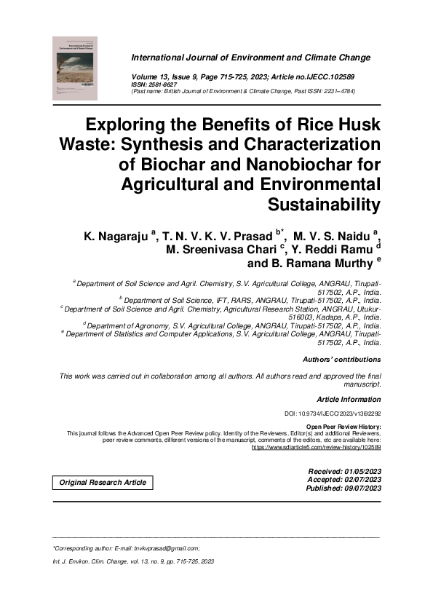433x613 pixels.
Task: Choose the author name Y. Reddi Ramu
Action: [x=323, y=250]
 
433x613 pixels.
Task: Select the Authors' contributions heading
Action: [x=341, y=360]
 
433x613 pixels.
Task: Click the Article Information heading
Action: [x=349, y=399]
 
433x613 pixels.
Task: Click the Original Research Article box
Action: [x=103, y=483]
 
